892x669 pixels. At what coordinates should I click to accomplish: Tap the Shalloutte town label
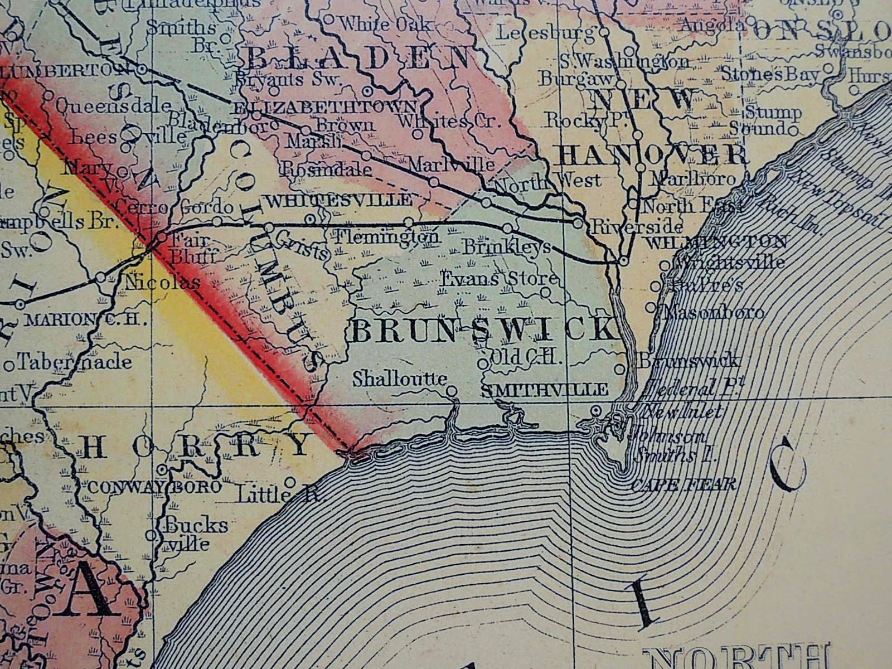pos(400,379)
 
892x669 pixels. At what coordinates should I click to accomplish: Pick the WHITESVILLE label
pos(340,200)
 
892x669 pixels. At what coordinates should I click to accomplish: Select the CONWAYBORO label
pos(155,487)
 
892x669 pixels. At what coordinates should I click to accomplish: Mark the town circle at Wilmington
pos(624,260)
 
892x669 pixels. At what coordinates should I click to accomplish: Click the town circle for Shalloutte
pos(452,390)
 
